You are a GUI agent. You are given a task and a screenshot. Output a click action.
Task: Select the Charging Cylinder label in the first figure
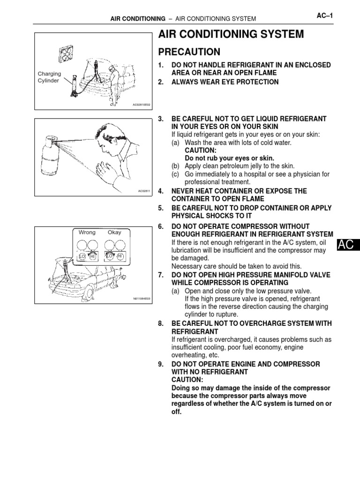(x=49, y=77)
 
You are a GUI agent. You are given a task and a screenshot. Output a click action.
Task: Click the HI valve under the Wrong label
(x=93, y=256)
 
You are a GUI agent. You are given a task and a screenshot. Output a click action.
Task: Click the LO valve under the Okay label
(x=109, y=256)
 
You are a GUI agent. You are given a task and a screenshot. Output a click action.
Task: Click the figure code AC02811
(x=144, y=191)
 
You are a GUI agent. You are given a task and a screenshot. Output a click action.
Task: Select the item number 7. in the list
(x=161, y=275)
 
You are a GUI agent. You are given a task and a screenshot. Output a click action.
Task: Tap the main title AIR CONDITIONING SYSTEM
(x=231, y=34)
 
